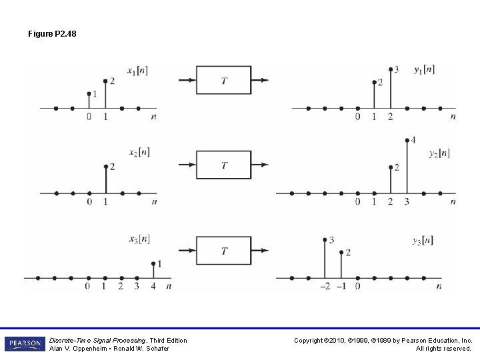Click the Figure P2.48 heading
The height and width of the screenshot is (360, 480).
pos(52,33)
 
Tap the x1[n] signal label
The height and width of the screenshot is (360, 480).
pos(138,69)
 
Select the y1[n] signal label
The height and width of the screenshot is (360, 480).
pos(424,69)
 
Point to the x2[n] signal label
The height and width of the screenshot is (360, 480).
pos(138,153)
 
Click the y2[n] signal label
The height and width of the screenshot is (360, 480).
pos(439,153)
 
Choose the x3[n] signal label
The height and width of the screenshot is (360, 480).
pos(139,239)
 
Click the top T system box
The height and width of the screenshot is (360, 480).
pos(223,81)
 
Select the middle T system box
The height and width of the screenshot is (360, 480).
pos(223,165)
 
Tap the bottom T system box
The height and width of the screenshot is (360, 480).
pos(223,251)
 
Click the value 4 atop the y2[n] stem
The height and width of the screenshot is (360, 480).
pos(413,140)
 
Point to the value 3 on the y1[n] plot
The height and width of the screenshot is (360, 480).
pos(397,69)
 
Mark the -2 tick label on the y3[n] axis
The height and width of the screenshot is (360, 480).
pos(323,286)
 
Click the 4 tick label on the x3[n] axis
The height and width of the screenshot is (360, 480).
pos(153,286)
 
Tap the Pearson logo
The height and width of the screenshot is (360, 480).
pos(23,343)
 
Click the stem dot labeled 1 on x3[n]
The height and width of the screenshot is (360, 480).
pos(153,263)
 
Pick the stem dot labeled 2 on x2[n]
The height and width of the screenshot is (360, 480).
pos(105,167)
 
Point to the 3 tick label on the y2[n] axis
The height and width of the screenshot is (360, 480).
pos(407,201)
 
